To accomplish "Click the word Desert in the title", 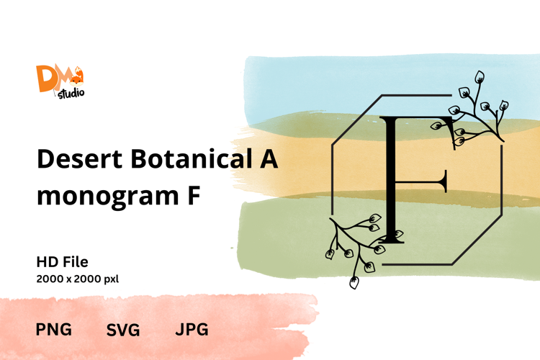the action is point(79,159).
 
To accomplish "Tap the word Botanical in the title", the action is point(191,158).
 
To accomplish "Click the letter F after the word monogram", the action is point(194,195).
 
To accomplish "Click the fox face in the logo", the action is point(76,80).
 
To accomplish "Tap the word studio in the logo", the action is point(71,94).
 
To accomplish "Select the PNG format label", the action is point(54,329).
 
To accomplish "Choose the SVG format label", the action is point(123,330).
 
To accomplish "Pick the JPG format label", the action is point(192,329).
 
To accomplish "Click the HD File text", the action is point(63,262).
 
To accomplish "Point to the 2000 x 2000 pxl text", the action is point(78,279).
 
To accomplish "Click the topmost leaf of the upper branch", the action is point(479,76).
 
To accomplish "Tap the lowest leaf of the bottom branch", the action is point(354,282).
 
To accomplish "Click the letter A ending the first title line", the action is point(269,159).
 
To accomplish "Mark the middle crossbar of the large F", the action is point(421,181).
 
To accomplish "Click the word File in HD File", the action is point(75,262).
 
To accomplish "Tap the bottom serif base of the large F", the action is point(392,241).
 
